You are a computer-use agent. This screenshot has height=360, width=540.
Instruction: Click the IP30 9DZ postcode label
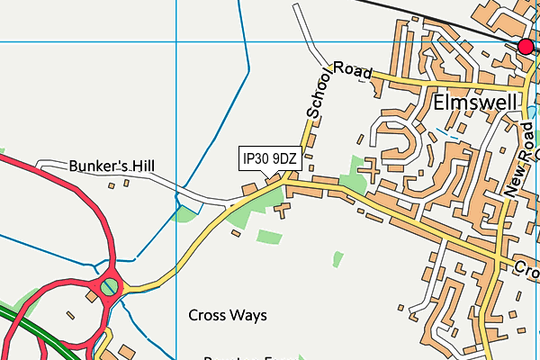(x=269, y=158)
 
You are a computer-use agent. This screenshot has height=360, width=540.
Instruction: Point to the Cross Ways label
(x=228, y=315)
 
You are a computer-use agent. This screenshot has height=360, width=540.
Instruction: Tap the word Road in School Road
(x=353, y=72)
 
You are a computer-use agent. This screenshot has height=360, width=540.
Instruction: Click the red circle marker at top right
(x=526, y=46)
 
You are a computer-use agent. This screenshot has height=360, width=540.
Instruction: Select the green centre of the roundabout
(x=109, y=287)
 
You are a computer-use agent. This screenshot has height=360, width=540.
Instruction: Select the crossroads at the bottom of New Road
(x=498, y=258)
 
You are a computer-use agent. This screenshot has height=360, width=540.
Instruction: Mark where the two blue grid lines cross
(x=175, y=41)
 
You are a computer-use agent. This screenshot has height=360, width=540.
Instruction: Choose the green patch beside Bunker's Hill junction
(x=186, y=212)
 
